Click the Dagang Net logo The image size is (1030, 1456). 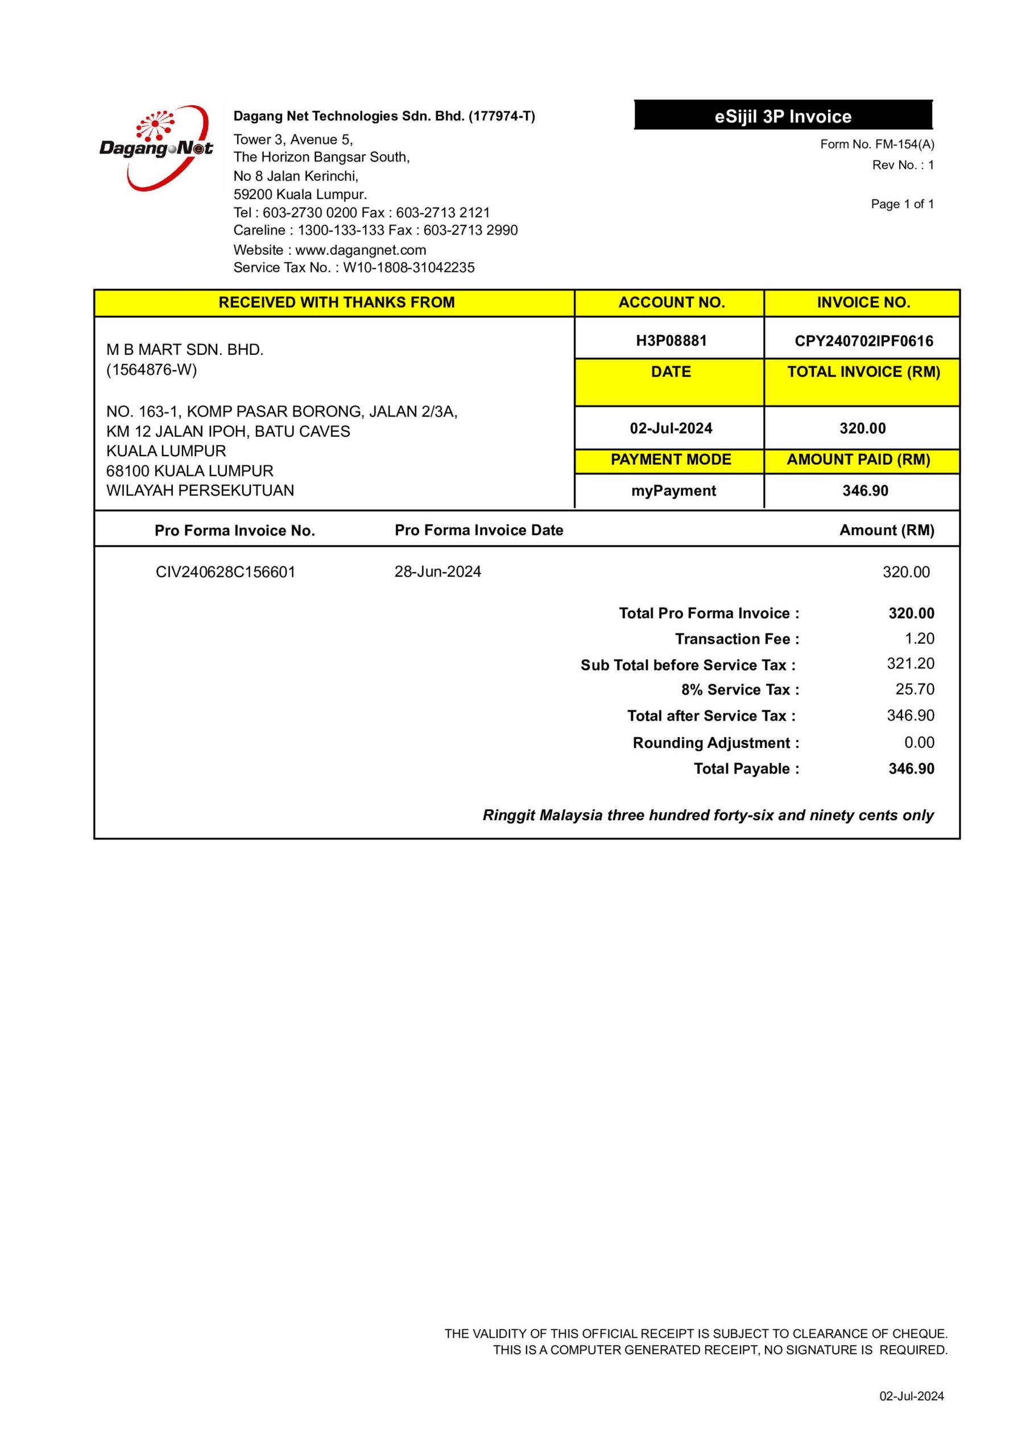156,148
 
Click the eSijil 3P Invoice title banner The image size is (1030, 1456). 783,116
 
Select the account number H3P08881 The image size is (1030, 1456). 671,341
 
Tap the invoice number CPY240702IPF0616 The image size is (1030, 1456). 863,341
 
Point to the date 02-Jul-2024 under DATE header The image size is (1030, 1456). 671,428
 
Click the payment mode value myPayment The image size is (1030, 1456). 673,491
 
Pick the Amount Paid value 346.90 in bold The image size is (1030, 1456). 864,491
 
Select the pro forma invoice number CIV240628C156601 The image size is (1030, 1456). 225,572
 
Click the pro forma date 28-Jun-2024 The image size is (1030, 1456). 437,572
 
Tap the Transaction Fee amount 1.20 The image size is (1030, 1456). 919,639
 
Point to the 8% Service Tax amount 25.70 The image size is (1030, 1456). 915,689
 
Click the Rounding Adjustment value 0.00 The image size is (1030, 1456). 919,742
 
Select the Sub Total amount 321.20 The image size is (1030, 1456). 910,664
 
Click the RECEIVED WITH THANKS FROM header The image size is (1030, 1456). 336,303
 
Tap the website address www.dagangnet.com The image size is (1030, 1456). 360,250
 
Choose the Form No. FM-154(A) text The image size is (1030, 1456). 876,144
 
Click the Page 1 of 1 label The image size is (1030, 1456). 902,204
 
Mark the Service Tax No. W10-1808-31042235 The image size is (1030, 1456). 408,268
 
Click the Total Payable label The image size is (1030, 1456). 746,768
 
